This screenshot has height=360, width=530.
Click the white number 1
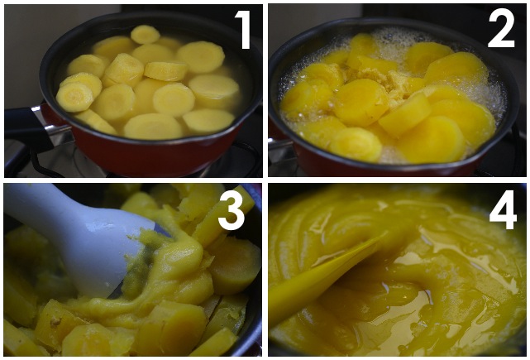(242, 30)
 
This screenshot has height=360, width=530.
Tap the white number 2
(501, 31)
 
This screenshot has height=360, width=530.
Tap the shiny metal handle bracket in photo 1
(54, 128)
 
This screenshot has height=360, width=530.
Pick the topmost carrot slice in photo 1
(146, 34)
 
